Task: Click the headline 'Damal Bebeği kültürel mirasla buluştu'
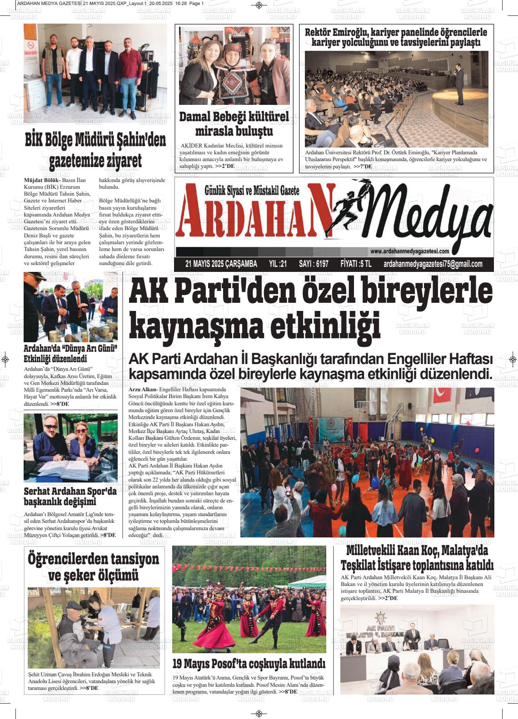coord(234,123)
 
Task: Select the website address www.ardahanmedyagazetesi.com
coord(409,251)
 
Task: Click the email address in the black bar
coord(433,264)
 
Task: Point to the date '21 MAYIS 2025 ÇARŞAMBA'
coord(221,264)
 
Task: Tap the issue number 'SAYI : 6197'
coord(314,264)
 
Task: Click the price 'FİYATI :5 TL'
coord(356,264)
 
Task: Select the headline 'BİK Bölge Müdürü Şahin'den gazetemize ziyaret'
coord(95,150)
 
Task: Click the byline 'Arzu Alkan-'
coord(143,389)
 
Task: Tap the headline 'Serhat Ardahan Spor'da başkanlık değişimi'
coord(70,496)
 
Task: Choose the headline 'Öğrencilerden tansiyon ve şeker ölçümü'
coord(94,566)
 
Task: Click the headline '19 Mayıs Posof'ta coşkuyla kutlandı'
coord(249,664)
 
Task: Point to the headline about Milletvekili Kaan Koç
coord(417,558)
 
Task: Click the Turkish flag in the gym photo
coord(440,394)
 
